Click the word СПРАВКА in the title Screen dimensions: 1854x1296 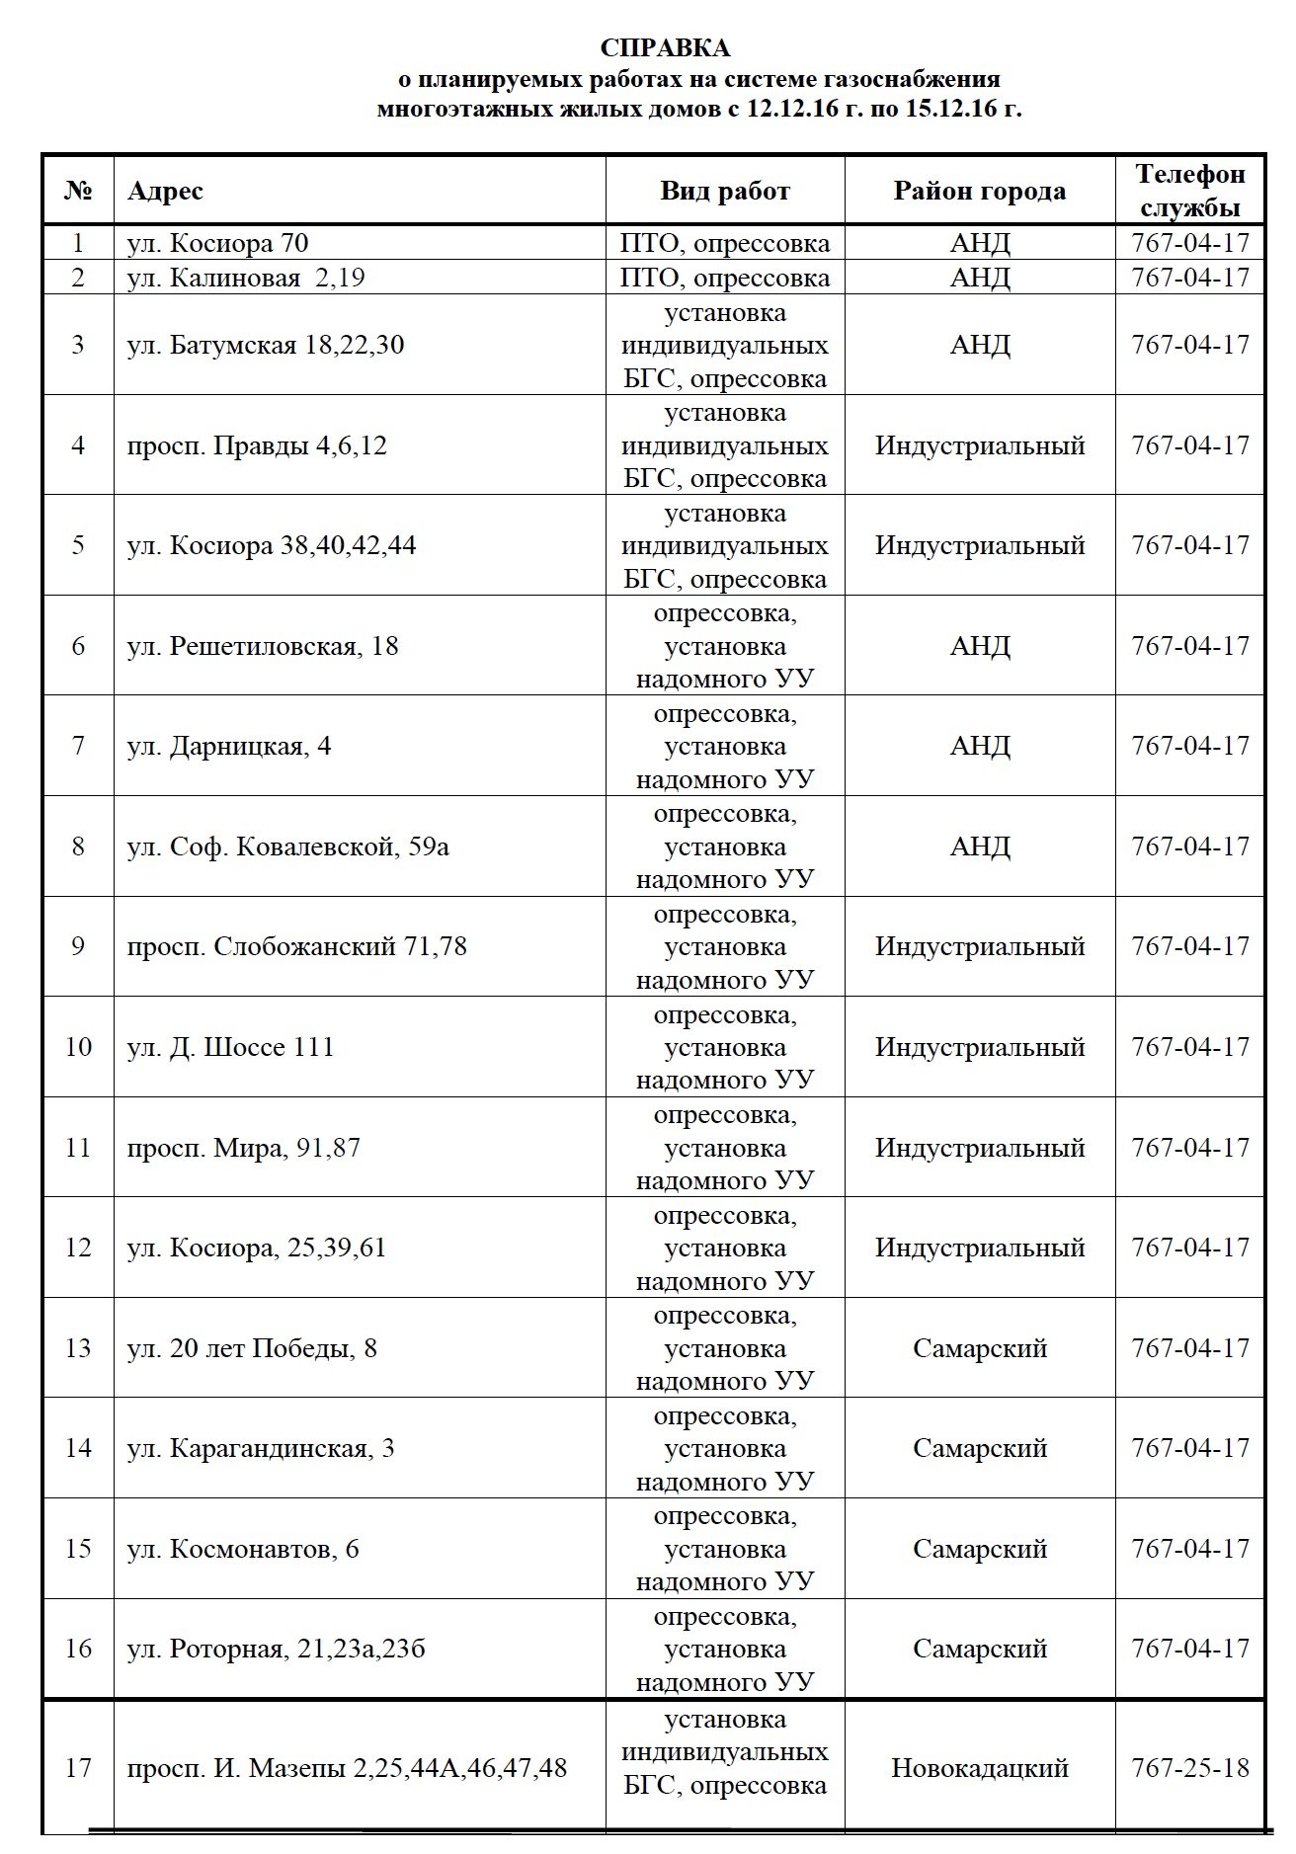tap(666, 48)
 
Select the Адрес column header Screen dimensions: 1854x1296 tap(165, 191)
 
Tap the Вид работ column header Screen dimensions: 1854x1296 tap(725, 191)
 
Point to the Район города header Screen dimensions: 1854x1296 tap(980, 191)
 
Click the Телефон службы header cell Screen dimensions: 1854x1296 tap(1190, 191)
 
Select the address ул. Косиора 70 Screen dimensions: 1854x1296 tap(218, 243)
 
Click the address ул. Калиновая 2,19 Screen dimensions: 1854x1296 tap(246, 278)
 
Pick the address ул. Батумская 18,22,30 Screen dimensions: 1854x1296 tap(266, 346)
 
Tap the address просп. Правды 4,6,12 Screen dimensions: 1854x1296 tap(257, 445)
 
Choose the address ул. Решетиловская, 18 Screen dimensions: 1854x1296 tap(263, 646)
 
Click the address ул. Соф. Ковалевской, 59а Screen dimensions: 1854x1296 tap(288, 846)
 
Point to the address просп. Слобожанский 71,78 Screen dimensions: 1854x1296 tap(296, 946)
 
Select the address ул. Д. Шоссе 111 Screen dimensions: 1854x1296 tap(231, 1047)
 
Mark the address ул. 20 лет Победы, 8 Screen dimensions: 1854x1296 tap(252, 1348)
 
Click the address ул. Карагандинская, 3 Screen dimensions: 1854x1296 tap(261, 1448)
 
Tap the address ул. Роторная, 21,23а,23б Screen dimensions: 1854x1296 tap(277, 1649)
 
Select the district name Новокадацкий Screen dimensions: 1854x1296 tap(980, 1767)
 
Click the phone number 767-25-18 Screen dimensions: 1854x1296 tap(1190, 1767)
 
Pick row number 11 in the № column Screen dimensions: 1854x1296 tap(78, 1148)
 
